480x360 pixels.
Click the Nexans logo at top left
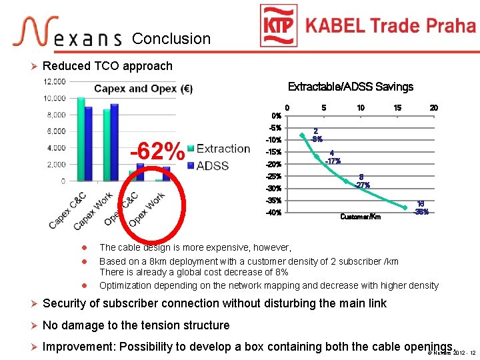[x=67, y=33]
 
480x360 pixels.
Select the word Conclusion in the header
[x=171, y=39]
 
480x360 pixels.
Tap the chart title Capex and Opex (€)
[x=143, y=89]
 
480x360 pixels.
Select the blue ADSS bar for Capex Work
[x=114, y=142]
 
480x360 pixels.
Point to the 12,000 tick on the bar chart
[x=55, y=81]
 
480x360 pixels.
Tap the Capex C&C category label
[x=68, y=209]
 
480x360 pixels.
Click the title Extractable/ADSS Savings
[x=350, y=87]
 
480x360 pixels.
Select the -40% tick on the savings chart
[x=274, y=213]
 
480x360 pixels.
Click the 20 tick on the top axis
[x=433, y=108]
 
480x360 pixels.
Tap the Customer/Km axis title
[x=360, y=217]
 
